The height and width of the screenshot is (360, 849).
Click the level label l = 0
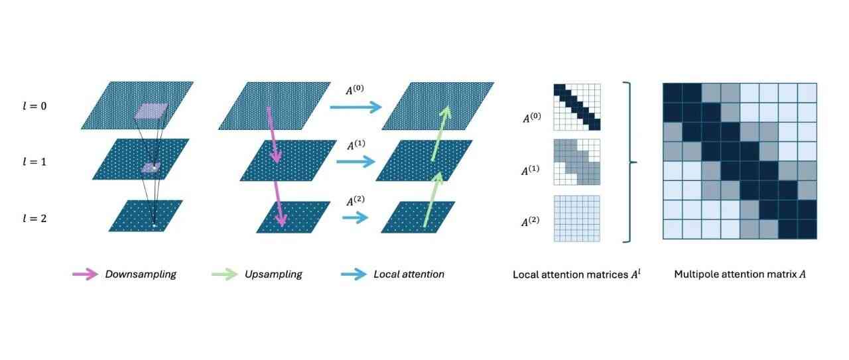tap(35, 106)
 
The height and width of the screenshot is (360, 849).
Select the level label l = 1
tap(35, 161)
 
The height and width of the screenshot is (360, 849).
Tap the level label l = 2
tap(35, 217)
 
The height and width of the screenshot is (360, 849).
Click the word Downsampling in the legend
tap(141, 274)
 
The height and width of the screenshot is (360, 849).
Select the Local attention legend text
tap(409, 274)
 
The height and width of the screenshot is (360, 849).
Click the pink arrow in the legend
tap(85, 274)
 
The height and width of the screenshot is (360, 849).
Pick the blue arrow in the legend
tap(354, 274)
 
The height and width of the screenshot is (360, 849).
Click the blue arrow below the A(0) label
tap(356, 107)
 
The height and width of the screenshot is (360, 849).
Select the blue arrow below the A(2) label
tap(356, 217)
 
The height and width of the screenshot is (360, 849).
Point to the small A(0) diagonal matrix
tap(576, 107)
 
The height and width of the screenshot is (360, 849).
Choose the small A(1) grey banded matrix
tap(576, 162)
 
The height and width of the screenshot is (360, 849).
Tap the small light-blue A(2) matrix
tap(576, 218)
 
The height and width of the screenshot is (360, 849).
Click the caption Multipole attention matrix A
tap(740, 274)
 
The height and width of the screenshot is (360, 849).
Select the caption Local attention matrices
tap(576, 274)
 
